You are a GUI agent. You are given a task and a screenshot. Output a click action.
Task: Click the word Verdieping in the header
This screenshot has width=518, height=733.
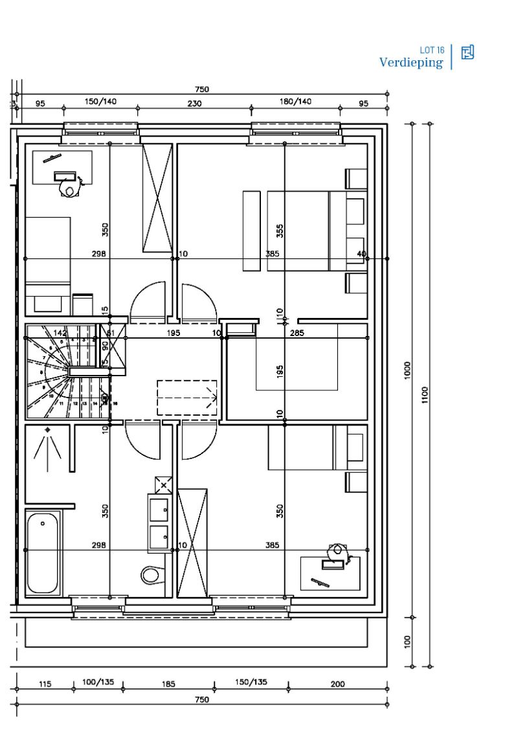(x=411, y=62)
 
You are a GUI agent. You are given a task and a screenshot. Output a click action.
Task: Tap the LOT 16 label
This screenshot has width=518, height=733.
(x=432, y=51)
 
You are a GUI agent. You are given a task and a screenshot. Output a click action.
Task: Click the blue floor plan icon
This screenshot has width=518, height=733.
(x=467, y=52)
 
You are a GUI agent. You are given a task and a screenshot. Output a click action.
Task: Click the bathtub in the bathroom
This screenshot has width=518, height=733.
(x=43, y=552)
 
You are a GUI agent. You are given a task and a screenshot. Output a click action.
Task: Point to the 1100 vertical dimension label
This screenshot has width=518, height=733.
(x=425, y=394)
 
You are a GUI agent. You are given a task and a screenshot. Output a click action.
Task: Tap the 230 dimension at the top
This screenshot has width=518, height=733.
(x=194, y=103)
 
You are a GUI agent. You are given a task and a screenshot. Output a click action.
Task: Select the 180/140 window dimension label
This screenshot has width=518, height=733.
(x=295, y=102)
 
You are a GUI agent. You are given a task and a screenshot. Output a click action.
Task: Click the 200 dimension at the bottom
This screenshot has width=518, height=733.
(x=337, y=684)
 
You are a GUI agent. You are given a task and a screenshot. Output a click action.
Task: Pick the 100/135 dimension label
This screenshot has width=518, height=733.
(x=98, y=682)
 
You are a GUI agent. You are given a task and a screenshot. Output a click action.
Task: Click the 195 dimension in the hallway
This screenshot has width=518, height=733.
(x=173, y=333)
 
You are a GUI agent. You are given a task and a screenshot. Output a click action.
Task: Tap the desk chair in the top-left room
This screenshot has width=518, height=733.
(x=68, y=188)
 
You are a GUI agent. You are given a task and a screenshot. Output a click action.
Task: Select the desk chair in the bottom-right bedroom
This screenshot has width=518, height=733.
(x=336, y=551)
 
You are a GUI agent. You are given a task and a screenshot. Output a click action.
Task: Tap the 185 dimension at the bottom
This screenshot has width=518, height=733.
(x=168, y=684)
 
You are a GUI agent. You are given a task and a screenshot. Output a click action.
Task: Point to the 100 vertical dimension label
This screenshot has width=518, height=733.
(x=408, y=642)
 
